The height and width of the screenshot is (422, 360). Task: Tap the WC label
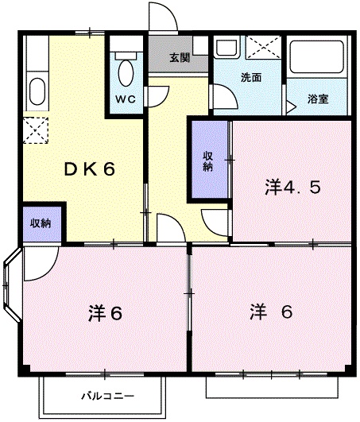[126, 99]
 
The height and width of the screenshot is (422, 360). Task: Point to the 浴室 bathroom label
[322, 99]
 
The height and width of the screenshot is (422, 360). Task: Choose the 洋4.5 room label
[292, 188]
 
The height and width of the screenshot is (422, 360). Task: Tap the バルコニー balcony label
[107, 395]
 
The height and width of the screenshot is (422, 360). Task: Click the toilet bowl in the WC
[126, 72]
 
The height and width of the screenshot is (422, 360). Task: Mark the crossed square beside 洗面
[261, 48]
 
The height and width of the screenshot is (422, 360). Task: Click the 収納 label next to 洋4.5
[207, 161]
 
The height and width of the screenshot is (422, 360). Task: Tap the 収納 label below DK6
[41, 223]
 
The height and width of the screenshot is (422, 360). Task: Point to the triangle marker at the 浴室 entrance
[294, 102]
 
